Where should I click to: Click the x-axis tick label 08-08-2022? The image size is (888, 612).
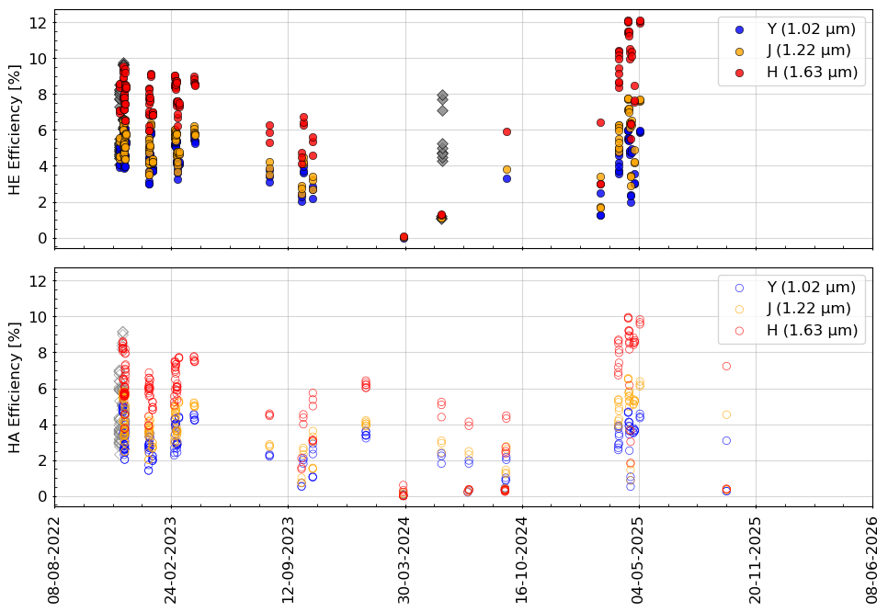coord(54,559)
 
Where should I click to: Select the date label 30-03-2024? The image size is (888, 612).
coord(404,559)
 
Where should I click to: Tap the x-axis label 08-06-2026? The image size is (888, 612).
coord(872,559)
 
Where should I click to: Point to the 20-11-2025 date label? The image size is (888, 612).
coord(756,559)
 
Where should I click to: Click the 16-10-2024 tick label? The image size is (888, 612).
coord(522,559)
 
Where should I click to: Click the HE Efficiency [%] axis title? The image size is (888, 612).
coord(15,129)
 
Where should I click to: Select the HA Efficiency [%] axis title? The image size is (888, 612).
coord(15,387)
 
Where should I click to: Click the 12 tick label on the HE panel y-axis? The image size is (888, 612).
coord(40,22)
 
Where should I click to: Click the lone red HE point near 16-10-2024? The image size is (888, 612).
coord(507,131)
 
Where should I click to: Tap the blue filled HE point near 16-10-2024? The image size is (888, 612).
coord(507,178)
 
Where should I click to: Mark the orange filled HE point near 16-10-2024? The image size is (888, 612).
coord(507,169)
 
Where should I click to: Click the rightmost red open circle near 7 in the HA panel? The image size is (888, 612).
coord(726,366)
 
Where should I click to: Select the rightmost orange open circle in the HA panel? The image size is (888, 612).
coord(726,414)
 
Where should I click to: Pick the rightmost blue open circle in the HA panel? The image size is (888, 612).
coord(726,440)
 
